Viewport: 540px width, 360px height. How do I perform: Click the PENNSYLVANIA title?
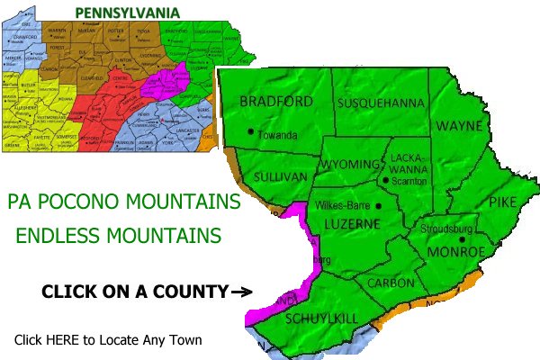point(127,12)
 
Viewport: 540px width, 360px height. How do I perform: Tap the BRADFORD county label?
point(276,102)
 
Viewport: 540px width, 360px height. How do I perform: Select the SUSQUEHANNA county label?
point(380,103)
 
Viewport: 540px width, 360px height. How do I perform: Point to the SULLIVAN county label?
point(281,176)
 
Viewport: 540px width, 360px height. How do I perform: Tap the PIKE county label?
point(502,203)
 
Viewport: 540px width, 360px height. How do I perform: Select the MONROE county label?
point(459,251)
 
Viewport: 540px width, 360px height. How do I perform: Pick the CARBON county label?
point(391,283)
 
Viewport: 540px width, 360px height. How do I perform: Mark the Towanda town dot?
point(250,131)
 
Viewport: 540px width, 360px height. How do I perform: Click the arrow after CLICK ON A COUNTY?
point(240,292)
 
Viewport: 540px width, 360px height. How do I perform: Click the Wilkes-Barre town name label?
point(345,206)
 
